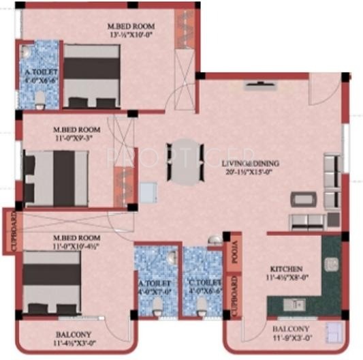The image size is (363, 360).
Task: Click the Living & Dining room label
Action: coord(250,164)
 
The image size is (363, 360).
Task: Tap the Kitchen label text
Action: coord(285,269)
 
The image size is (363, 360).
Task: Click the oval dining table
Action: coord(185,161)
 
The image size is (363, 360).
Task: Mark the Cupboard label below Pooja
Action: coord(232,295)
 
